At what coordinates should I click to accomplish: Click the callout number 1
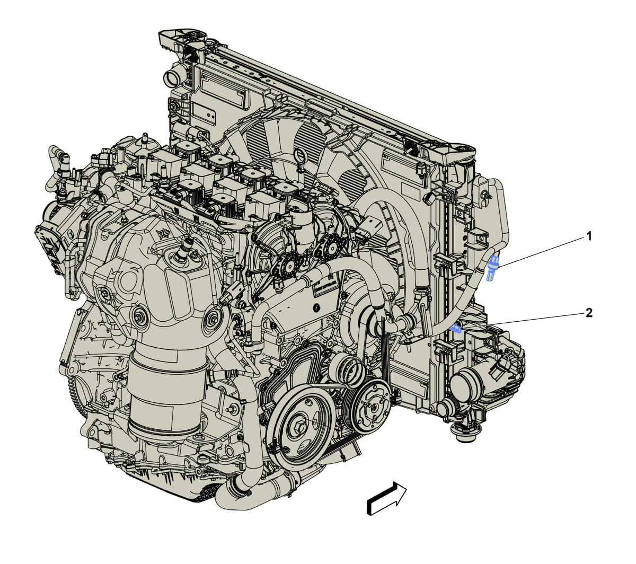coord(589,236)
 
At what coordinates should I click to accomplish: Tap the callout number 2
coord(589,313)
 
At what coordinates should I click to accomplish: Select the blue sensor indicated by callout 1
coord(492,267)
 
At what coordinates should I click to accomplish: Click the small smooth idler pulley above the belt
coord(347,369)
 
